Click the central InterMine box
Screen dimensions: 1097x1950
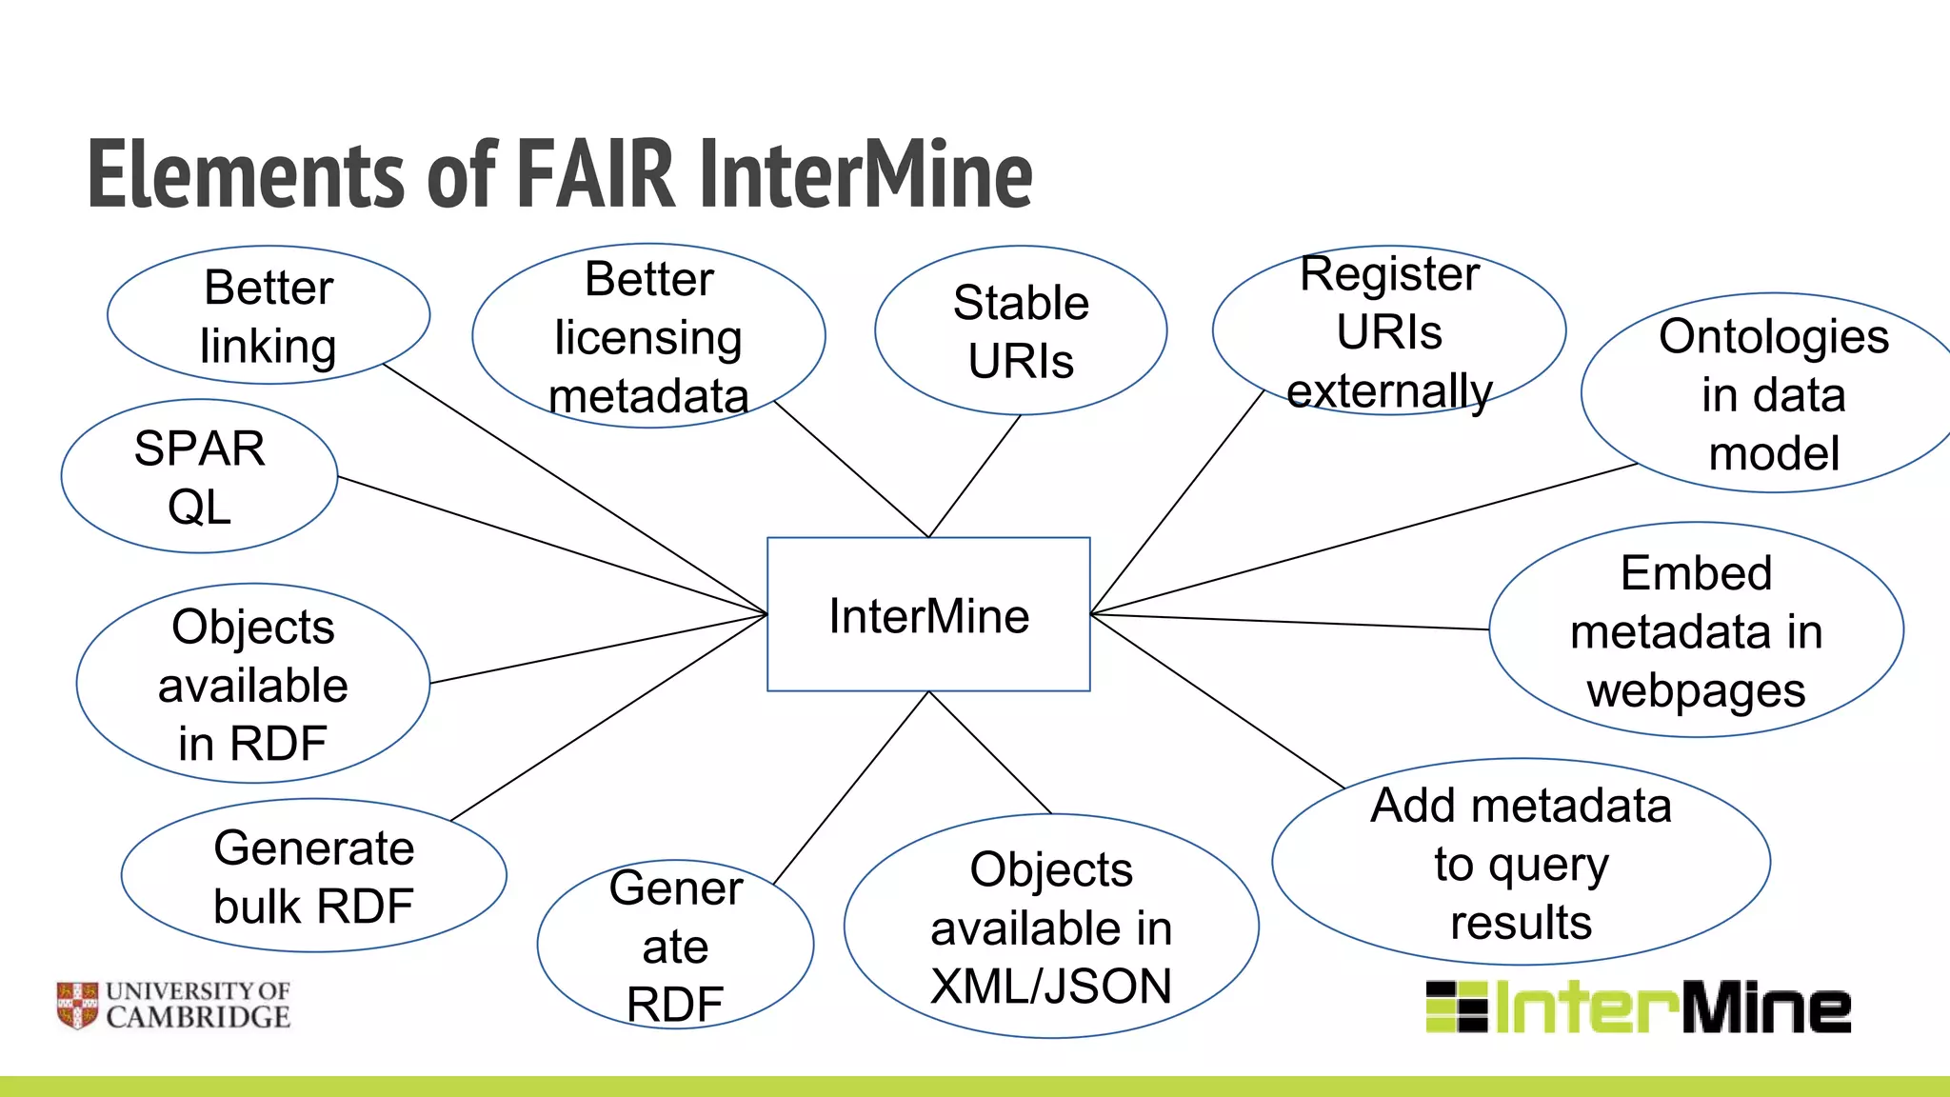(x=928, y=614)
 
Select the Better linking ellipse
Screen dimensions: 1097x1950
(x=269, y=315)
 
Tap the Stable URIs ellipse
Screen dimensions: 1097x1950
(x=1021, y=330)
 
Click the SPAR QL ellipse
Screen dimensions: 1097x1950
(x=199, y=476)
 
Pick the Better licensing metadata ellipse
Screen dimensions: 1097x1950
(x=648, y=336)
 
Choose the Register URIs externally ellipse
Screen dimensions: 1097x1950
(x=1389, y=331)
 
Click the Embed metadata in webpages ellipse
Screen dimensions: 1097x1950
(x=1696, y=630)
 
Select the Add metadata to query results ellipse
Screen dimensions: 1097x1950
(x=1521, y=863)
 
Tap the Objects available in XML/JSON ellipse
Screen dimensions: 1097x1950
(x=1051, y=927)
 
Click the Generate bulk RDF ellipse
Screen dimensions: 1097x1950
(x=313, y=876)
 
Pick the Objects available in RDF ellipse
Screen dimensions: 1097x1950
(x=253, y=684)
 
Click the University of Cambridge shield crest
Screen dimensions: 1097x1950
(x=77, y=1006)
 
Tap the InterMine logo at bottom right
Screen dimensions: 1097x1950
(x=1638, y=1007)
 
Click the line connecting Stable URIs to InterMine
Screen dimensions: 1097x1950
(x=974, y=476)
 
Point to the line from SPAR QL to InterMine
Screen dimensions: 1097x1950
(x=552, y=545)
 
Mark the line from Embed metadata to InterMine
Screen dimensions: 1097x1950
(x=1290, y=622)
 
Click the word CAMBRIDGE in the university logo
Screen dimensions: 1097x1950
(x=198, y=1018)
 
